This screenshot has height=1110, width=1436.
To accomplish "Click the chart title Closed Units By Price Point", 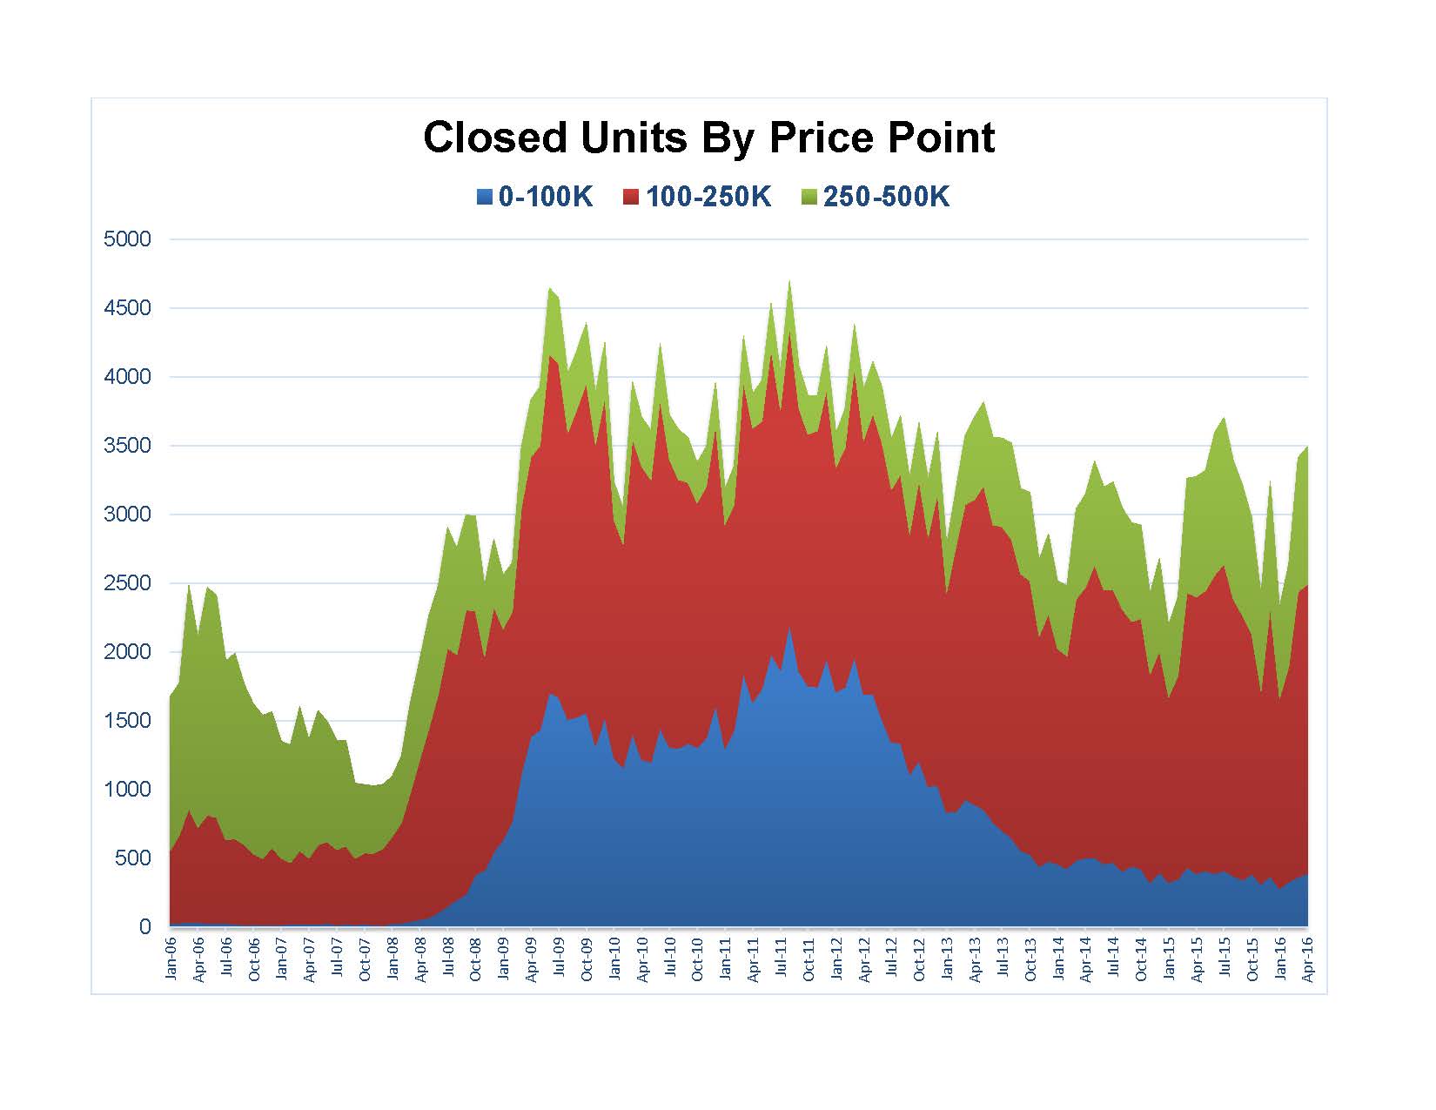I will pyautogui.click(x=708, y=138).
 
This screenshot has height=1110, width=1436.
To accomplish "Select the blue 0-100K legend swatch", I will pyautogui.click(x=485, y=198).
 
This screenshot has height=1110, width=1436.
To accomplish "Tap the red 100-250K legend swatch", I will pyautogui.click(x=632, y=198).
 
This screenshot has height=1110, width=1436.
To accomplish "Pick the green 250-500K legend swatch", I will pyautogui.click(x=809, y=198).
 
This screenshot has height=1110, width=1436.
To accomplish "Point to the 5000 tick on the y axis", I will pyautogui.click(x=127, y=239).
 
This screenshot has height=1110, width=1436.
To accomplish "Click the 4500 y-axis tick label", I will pyautogui.click(x=127, y=308).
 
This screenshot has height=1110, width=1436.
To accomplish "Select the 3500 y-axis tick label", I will pyautogui.click(x=127, y=446).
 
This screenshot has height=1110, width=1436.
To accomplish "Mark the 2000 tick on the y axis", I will pyautogui.click(x=127, y=652).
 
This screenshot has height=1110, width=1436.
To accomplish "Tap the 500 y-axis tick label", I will pyautogui.click(x=132, y=858).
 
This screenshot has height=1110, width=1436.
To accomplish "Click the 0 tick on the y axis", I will pyautogui.click(x=144, y=927).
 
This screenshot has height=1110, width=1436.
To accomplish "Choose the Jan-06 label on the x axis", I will pyautogui.click(x=171, y=958).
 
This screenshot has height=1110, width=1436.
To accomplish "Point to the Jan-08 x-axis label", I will pyautogui.click(x=393, y=958).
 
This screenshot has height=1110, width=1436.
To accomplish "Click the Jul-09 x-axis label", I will pyautogui.click(x=559, y=958).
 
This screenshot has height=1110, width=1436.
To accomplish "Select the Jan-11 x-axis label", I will pyautogui.click(x=725, y=958).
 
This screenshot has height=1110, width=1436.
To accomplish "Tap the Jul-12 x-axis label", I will pyautogui.click(x=891, y=958).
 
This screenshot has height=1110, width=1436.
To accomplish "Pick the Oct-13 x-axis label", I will pyautogui.click(x=1030, y=958).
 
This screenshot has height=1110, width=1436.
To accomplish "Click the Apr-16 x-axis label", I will pyautogui.click(x=1307, y=958).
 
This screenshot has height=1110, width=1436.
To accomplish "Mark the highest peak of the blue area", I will pyautogui.click(x=789, y=627).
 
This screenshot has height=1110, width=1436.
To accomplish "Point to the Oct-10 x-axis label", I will pyautogui.click(x=697, y=958).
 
